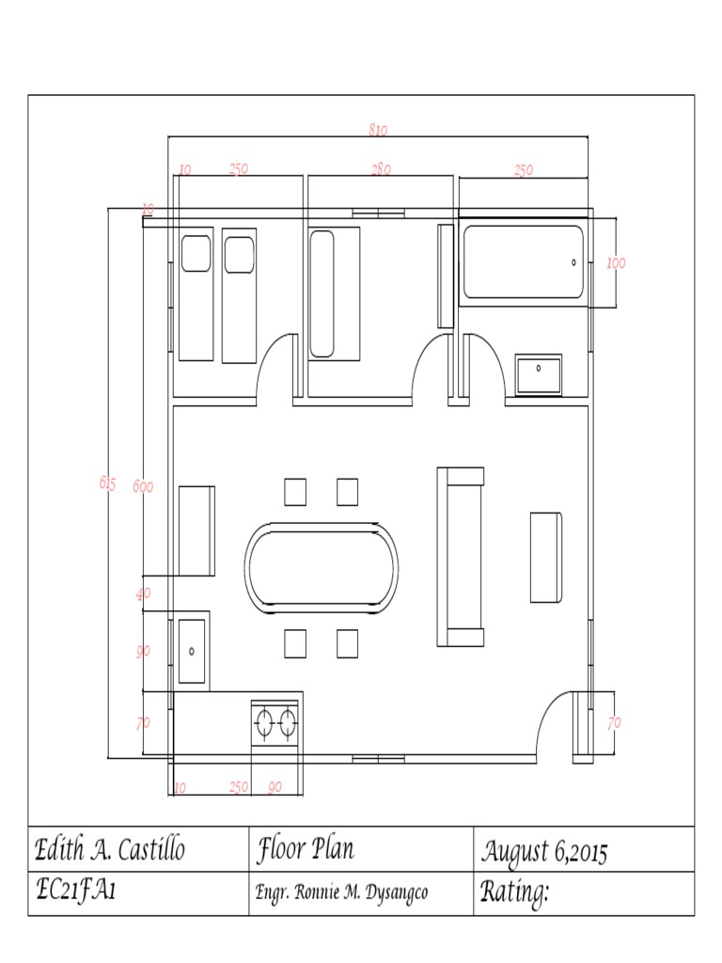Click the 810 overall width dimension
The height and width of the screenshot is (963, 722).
click(378, 130)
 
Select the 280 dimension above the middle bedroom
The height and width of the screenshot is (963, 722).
click(381, 169)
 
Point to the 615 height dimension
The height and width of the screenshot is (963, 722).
click(107, 483)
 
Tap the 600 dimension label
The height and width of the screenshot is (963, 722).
click(143, 486)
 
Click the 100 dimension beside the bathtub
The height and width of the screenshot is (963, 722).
click(615, 263)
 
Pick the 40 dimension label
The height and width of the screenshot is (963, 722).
click(143, 593)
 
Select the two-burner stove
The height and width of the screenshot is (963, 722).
click(275, 723)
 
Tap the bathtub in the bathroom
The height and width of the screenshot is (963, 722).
click(522, 262)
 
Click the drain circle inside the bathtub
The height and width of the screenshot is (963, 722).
click(574, 262)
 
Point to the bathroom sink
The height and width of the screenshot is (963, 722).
click(538, 374)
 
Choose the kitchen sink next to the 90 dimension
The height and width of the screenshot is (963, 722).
click(192, 649)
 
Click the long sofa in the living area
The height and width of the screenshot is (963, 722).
click(461, 557)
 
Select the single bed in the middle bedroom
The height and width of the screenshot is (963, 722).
click(333, 293)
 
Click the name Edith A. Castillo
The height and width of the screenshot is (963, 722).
click(110, 851)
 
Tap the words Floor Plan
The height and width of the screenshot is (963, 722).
click(305, 850)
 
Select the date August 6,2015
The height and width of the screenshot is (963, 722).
click(544, 852)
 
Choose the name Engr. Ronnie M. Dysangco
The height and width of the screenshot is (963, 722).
click(341, 892)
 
